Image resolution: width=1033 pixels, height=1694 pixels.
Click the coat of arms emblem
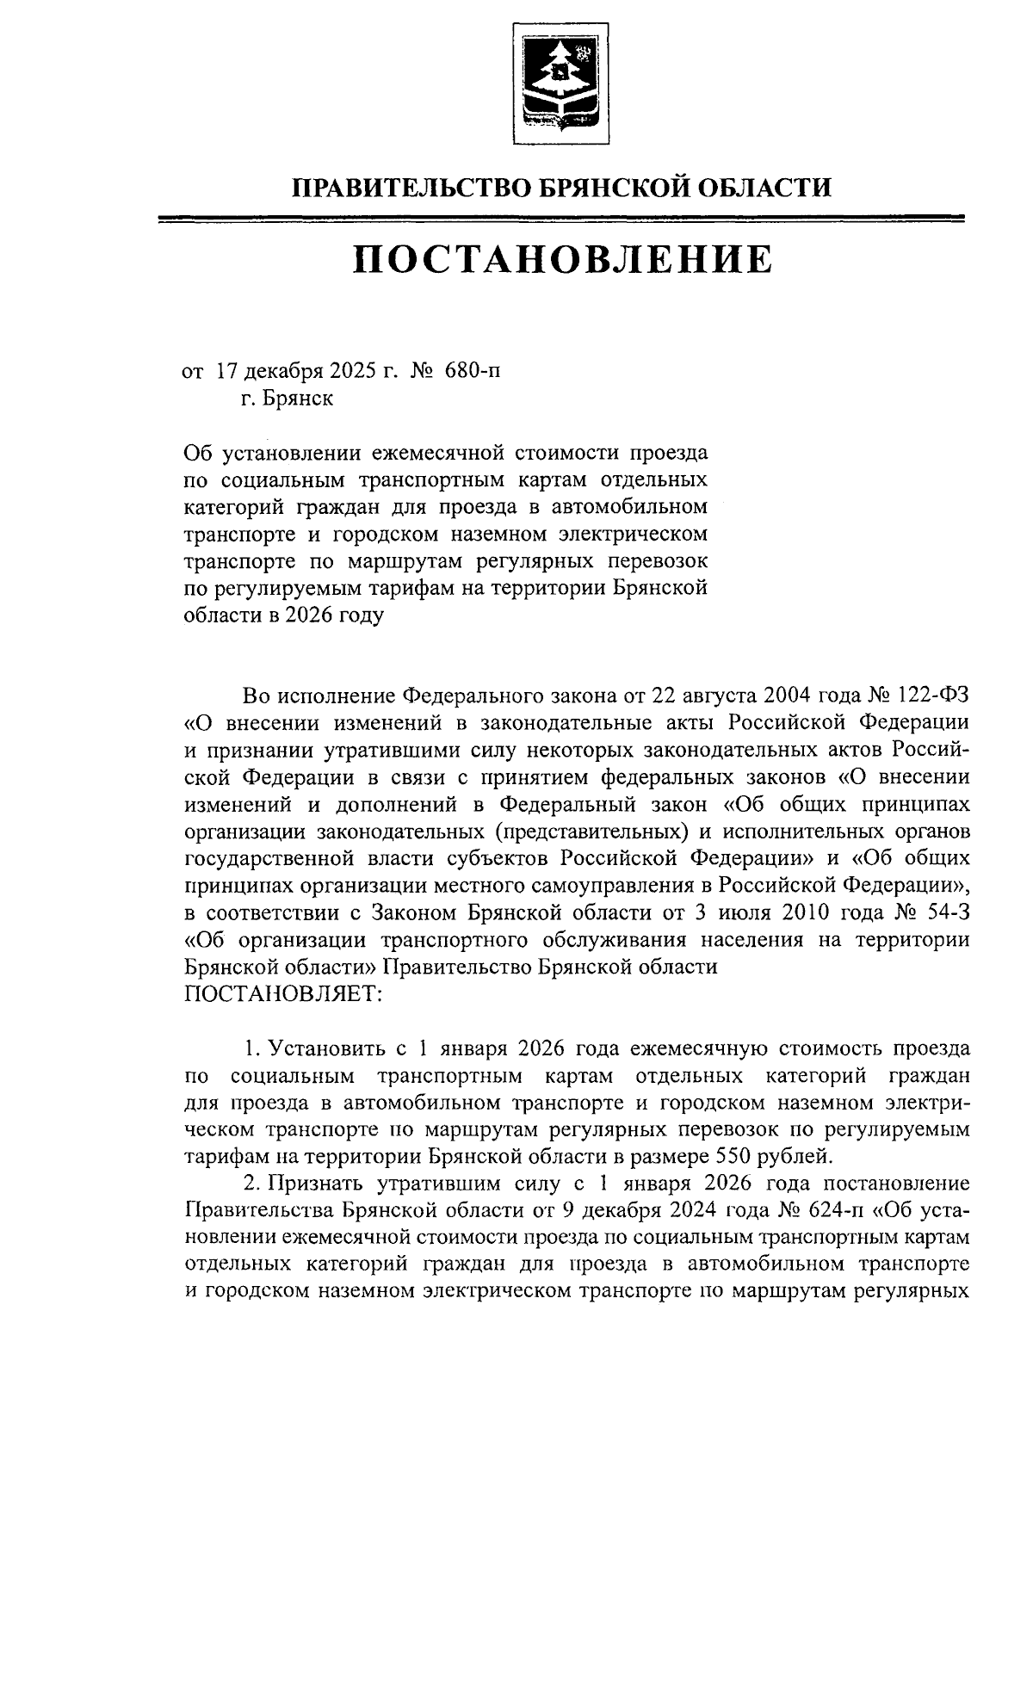[560, 83]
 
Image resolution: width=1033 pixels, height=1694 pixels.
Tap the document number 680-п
[472, 371]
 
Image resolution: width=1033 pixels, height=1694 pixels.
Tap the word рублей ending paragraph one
[801, 1155]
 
